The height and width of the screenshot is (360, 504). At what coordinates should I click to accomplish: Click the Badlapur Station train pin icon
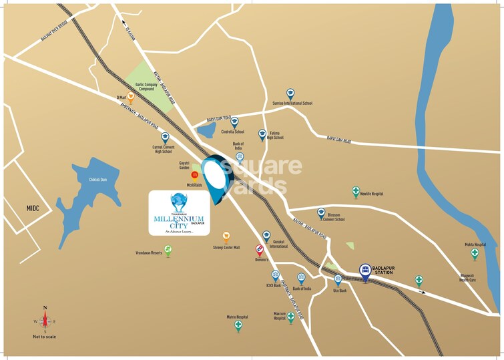[365, 271]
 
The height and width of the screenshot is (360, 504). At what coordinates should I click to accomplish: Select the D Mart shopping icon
[131, 97]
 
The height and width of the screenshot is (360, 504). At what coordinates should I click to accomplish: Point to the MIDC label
[33, 208]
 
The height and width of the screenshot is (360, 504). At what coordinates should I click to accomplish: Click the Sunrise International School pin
[290, 94]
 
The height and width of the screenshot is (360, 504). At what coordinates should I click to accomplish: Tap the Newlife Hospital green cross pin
[356, 192]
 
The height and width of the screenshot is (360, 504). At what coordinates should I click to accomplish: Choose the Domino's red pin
[260, 250]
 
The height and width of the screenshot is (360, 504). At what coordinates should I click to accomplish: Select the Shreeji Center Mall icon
[226, 236]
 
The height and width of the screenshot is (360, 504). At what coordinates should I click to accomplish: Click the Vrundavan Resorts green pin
[168, 250]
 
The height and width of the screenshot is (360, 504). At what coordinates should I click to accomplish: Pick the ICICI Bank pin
[275, 275]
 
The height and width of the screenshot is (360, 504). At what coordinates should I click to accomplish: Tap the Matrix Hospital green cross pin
[238, 325]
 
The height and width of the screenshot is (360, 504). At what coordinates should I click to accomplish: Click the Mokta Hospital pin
[475, 253]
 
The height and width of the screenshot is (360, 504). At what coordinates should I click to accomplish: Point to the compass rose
[45, 320]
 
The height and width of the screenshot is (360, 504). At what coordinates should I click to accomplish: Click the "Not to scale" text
[45, 336]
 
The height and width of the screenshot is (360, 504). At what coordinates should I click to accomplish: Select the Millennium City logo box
[179, 212]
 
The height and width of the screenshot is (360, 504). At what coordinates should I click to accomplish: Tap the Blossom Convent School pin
[321, 212]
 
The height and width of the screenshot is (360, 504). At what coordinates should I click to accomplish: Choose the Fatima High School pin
[262, 134]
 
